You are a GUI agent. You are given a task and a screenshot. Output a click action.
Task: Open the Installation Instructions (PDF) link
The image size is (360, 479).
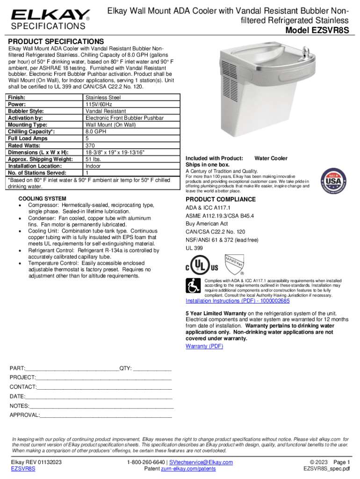238,301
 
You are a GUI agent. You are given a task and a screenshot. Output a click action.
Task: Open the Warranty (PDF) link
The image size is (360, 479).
204,346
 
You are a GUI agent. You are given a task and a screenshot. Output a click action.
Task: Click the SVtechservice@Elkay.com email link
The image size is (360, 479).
201,462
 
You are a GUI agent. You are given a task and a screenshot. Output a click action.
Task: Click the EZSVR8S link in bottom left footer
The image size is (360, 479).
23,469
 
